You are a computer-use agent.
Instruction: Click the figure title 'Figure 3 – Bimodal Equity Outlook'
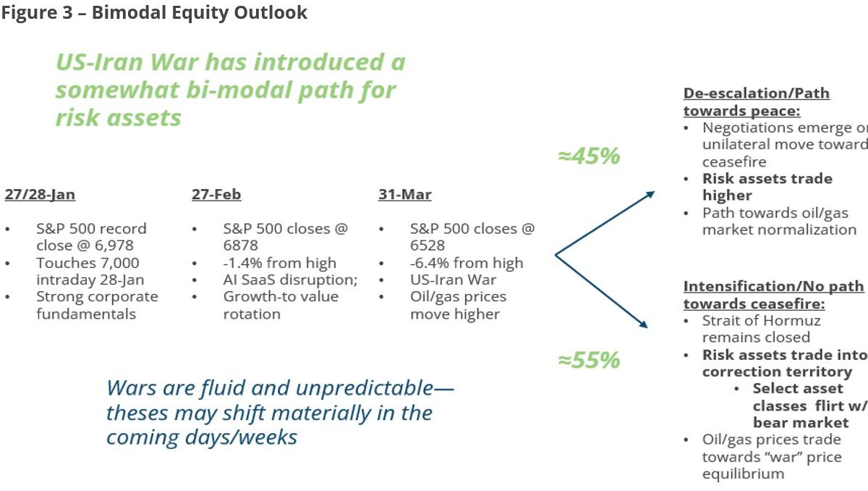[154, 13]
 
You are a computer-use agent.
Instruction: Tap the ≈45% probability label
[589, 156]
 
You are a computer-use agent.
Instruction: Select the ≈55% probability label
[589, 360]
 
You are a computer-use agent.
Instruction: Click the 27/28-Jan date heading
[40, 195]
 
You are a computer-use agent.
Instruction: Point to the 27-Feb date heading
[216, 195]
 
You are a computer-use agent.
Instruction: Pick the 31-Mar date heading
[404, 195]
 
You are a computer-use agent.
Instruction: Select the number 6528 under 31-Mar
[427, 246]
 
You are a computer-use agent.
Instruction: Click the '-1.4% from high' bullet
[279, 263]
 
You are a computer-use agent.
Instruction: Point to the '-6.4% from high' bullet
[466, 263]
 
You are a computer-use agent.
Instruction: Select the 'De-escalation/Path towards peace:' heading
[756, 102]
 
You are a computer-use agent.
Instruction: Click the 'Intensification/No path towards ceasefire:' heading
[773, 295]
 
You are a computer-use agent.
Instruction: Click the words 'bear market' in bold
[801, 422]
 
